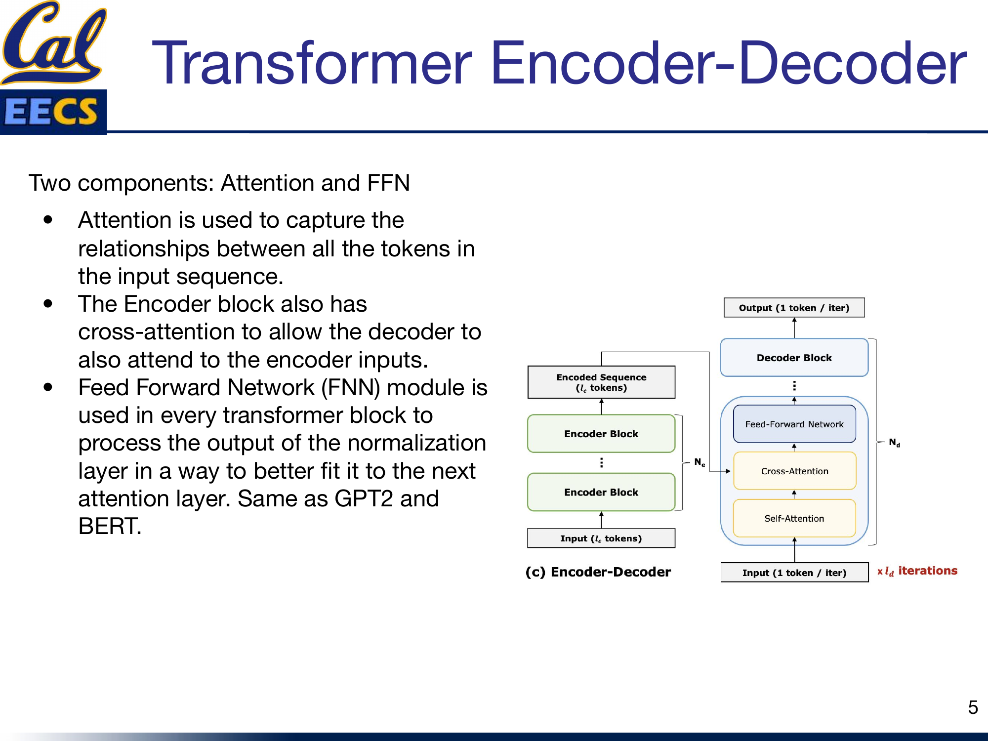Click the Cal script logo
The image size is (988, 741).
(53, 42)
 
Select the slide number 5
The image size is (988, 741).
(973, 707)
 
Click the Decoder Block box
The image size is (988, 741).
(794, 358)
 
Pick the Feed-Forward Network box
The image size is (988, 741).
(794, 424)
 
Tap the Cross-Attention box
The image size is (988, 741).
(794, 471)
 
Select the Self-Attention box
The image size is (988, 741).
(794, 518)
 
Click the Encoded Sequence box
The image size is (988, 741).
(601, 382)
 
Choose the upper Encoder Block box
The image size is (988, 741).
(601, 434)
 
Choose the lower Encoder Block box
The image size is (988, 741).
(601, 492)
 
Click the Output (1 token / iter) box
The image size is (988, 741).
(794, 308)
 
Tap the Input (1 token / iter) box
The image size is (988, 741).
(794, 573)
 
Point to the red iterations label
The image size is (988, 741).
(927, 571)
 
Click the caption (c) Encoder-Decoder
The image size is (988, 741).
(598, 572)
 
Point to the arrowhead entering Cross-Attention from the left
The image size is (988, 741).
(728, 471)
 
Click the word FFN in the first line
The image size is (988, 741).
(388, 183)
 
